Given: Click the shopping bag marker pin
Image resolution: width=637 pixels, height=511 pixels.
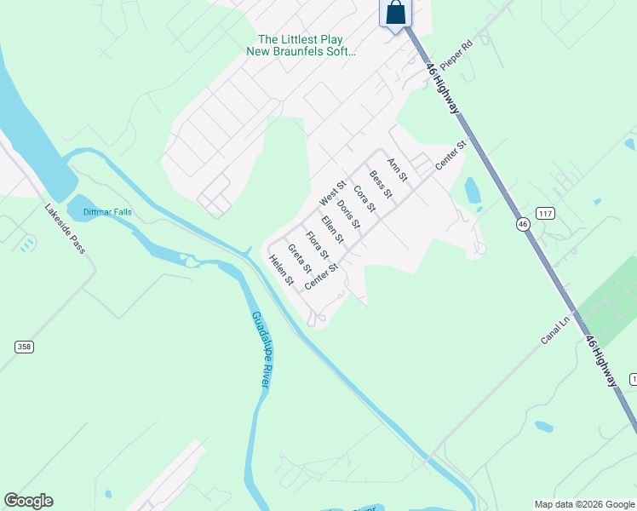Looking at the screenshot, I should tap(396, 13).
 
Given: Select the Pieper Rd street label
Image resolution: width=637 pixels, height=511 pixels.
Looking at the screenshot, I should tap(455, 56).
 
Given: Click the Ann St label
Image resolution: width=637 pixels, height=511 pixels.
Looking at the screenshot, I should tap(398, 169).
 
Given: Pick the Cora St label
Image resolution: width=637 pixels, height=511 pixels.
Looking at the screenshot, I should tap(364, 199).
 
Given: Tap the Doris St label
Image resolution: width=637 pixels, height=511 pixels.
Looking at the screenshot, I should tap(348, 215).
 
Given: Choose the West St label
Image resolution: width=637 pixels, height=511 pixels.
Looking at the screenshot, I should tap(332, 192).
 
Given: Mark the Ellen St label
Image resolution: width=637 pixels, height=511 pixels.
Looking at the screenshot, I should tap(332, 229).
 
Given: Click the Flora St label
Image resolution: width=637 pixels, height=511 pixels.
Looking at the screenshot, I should tap(317, 245).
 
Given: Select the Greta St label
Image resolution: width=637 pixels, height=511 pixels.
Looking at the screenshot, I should tap(300, 258).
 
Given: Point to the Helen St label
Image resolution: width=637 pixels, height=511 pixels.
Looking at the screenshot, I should tap(281, 271).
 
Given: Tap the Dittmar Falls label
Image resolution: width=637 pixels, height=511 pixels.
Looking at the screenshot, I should tap(107, 211).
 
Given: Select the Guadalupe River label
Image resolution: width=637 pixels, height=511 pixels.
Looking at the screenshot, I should tap(261, 350).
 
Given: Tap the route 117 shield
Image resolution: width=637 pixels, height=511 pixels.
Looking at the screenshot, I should tap(546, 211).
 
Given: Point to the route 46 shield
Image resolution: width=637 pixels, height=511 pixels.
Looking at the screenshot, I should tap(522, 224).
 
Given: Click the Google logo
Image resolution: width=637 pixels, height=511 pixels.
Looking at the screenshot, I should tap(28, 501).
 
